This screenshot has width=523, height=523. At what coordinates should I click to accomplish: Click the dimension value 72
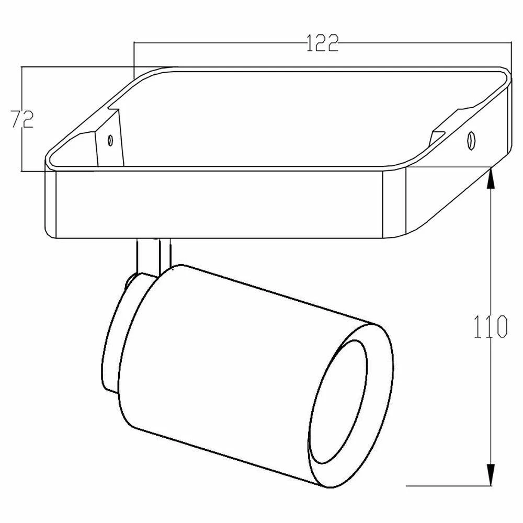22,119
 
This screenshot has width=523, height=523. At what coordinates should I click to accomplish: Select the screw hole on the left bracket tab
110,140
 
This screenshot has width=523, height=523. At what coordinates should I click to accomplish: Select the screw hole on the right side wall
471,140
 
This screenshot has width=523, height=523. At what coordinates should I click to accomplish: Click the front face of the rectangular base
220,204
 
